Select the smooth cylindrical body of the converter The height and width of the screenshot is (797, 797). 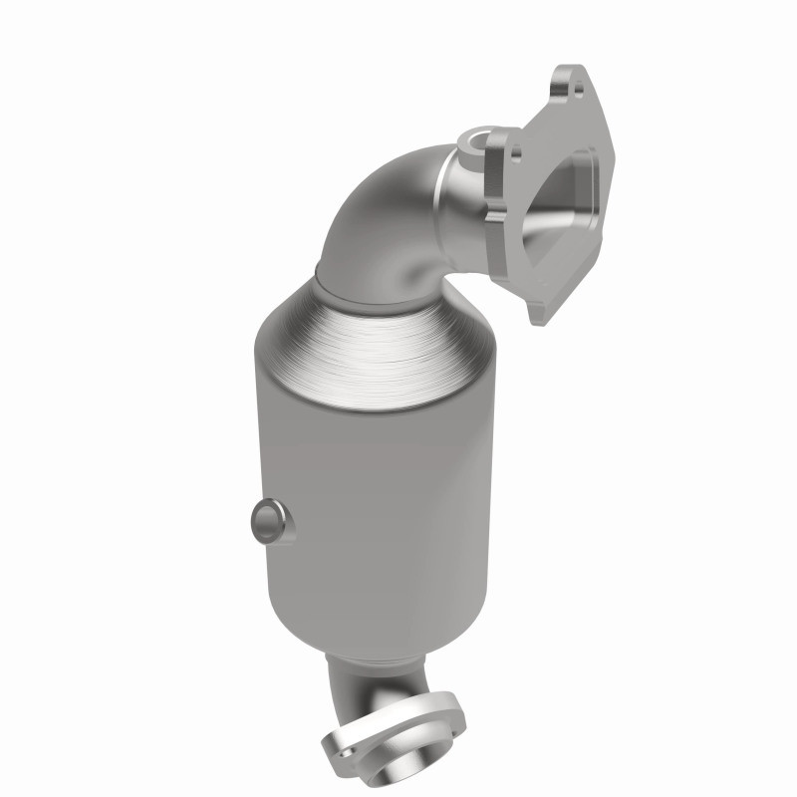point(379,498)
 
